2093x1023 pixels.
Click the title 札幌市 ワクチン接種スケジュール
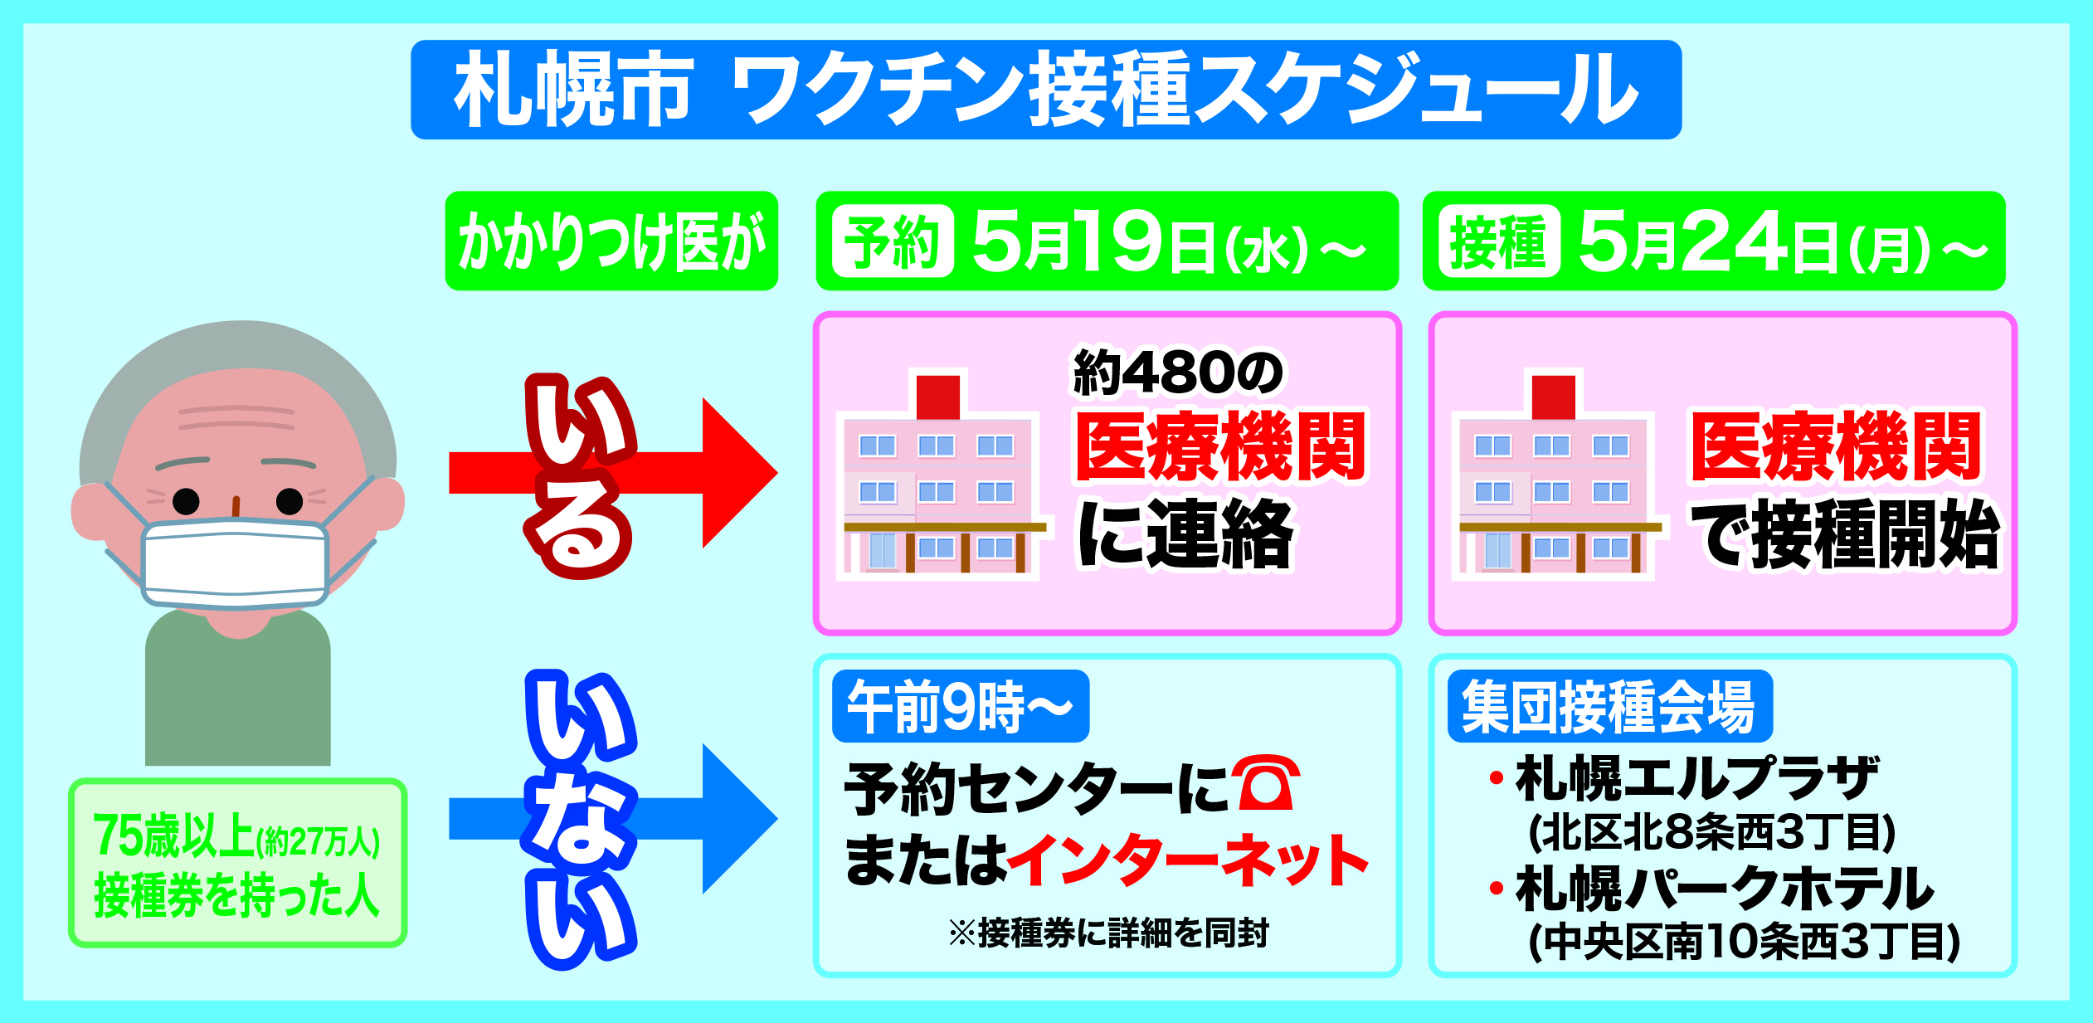(1045, 90)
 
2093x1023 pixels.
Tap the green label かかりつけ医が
(611, 241)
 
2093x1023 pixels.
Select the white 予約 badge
(893, 241)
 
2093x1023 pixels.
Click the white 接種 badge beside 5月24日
(1499, 241)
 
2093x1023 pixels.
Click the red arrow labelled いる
(614, 473)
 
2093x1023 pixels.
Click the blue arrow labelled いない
(614, 819)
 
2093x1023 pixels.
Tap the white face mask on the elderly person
(236, 560)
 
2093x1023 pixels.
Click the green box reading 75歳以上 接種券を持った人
(237, 863)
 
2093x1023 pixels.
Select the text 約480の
(1178, 373)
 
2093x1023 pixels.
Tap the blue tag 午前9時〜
(960, 707)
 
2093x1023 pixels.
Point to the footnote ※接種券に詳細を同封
(1108, 933)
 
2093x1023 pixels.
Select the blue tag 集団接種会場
(1609, 707)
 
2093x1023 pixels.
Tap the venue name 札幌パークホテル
(1726, 889)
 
